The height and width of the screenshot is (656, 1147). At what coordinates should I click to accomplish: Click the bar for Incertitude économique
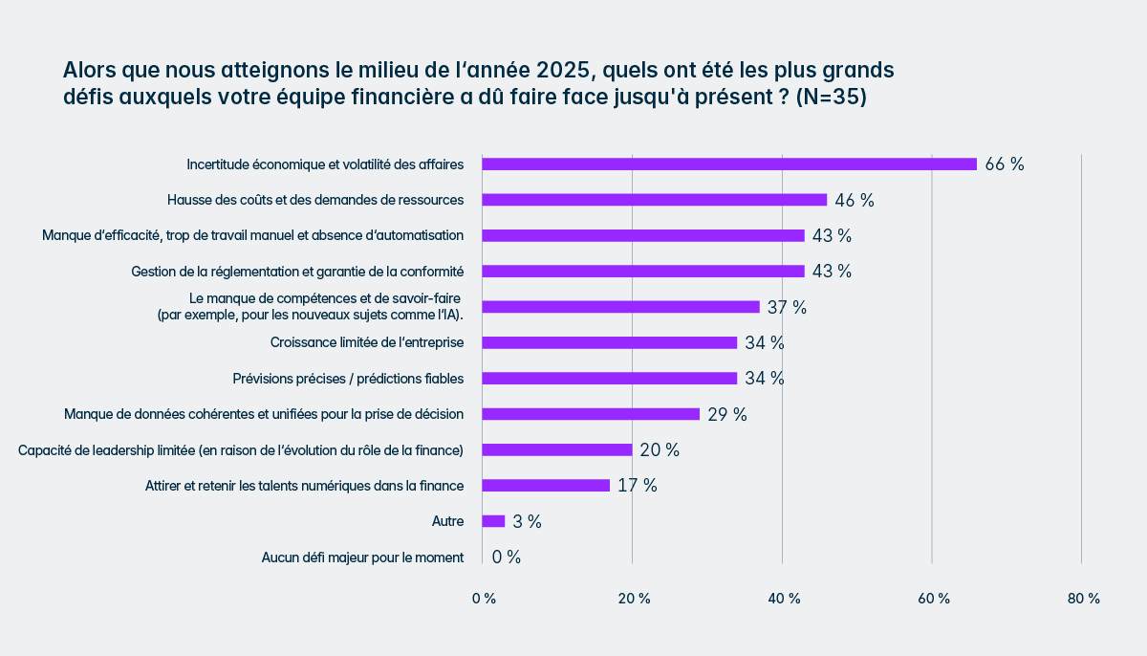(729, 164)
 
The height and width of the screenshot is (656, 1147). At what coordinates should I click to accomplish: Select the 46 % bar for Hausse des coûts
(654, 200)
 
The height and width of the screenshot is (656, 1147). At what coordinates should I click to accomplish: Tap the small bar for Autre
(493, 521)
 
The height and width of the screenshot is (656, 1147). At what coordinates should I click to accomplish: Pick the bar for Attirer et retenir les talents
(546, 485)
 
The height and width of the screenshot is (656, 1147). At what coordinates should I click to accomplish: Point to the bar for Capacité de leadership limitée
(557, 449)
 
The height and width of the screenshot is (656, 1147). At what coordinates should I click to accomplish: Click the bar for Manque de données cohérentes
(591, 414)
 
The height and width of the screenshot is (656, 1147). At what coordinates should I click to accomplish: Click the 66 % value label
(1005, 164)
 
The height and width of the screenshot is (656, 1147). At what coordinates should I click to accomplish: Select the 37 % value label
(787, 307)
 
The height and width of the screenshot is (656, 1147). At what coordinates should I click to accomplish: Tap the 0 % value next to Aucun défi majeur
(507, 557)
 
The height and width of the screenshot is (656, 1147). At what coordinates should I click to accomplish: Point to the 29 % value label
(727, 414)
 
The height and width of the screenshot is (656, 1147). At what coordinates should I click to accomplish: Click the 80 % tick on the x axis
(1084, 599)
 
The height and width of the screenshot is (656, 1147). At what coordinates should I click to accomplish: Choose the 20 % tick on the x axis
(634, 599)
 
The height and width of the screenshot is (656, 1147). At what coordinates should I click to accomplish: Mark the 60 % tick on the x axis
(934, 599)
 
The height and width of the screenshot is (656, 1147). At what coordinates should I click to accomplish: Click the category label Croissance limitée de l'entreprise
(367, 342)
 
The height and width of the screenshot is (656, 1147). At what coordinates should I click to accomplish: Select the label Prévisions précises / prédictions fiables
(348, 379)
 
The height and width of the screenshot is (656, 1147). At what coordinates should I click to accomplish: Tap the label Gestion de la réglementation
(297, 272)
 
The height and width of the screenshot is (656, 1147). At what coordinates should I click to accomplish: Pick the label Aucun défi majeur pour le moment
(362, 558)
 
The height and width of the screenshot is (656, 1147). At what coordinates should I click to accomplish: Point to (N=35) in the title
(831, 98)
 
